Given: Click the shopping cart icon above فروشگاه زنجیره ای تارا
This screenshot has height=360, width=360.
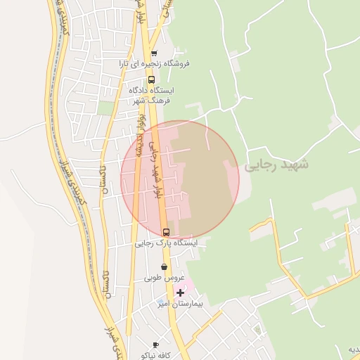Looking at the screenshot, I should [154, 53].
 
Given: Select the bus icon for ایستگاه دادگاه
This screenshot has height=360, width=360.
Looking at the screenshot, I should [151, 79].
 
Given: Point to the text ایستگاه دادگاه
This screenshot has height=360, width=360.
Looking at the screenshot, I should [151, 90].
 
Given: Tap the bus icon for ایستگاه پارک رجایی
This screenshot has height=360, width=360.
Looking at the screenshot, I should [166, 231].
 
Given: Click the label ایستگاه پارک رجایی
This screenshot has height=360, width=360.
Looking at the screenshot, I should [167, 243].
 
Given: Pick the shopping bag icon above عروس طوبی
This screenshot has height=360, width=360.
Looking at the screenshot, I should [165, 267].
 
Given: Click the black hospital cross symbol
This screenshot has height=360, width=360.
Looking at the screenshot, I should [181, 292].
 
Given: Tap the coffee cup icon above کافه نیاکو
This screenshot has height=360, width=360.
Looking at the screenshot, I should [155, 345].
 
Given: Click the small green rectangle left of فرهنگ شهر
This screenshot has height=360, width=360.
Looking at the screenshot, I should [106, 107].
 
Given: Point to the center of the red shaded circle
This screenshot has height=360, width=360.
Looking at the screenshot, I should [180, 180].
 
